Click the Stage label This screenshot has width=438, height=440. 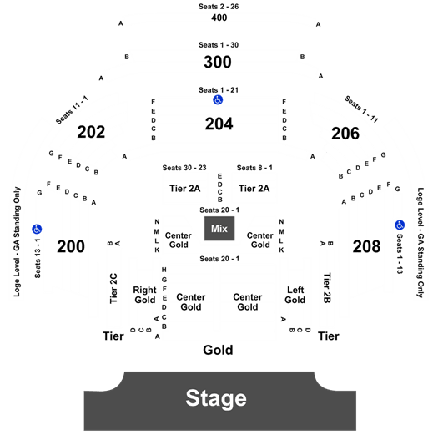pyautogui.click(x=216, y=398)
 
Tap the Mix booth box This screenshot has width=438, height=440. pyautogui.click(x=219, y=229)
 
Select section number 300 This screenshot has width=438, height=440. pyautogui.click(x=218, y=62)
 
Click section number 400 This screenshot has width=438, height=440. pyautogui.click(x=219, y=18)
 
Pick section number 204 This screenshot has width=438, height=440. pyautogui.click(x=219, y=124)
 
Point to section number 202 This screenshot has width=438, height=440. pyautogui.click(x=91, y=132)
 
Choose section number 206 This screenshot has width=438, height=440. pyautogui.click(x=345, y=134)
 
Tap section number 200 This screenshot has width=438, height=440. pyautogui.click(x=71, y=246)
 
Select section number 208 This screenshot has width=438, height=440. pyautogui.click(x=366, y=246)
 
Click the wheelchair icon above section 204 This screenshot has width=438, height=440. pyautogui.click(x=218, y=99)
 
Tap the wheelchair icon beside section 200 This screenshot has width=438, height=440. pyautogui.click(x=37, y=230)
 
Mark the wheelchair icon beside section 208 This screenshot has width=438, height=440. pyautogui.click(x=400, y=225)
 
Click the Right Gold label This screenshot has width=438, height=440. pyautogui.click(x=144, y=295)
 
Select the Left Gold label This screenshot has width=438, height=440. pyautogui.click(x=295, y=295)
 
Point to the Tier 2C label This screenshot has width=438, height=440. pyautogui.click(x=113, y=289)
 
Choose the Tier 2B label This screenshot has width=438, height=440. pyautogui.click(x=327, y=288)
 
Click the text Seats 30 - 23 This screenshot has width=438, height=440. pyautogui.click(x=184, y=168)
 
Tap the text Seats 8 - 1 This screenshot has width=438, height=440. pyautogui.click(x=254, y=168)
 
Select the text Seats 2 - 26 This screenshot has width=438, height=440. pyautogui.click(x=219, y=7)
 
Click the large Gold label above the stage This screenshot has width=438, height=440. pyautogui.click(x=218, y=350)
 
